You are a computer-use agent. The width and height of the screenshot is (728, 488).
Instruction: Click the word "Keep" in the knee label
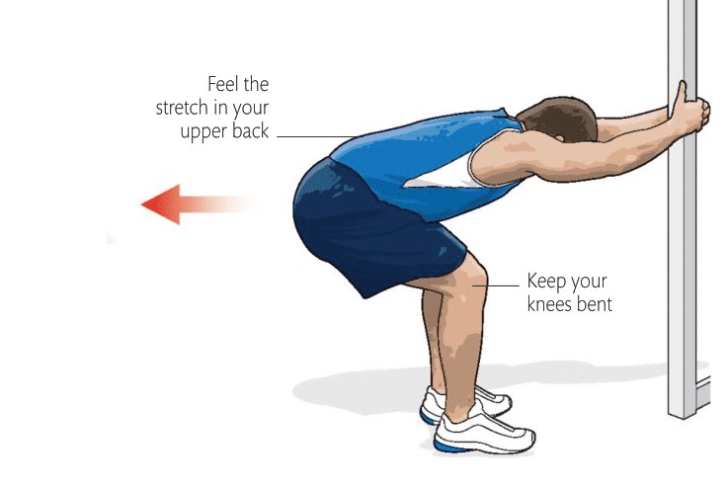[x=547, y=281]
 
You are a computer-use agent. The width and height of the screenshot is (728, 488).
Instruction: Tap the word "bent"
[x=595, y=304]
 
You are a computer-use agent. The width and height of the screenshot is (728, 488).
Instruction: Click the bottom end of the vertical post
[x=683, y=408]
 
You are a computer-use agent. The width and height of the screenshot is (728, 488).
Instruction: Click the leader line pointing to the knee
[x=502, y=285]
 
